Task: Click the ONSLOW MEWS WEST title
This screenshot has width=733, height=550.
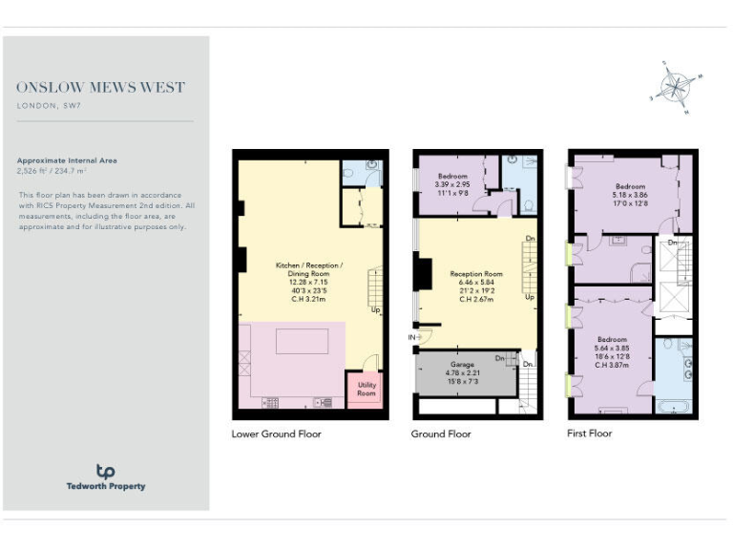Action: click(x=100, y=88)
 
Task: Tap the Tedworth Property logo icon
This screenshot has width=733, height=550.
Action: click(x=105, y=471)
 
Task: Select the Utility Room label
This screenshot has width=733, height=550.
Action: click(x=366, y=390)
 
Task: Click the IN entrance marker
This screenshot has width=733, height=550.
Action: click(x=413, y=336)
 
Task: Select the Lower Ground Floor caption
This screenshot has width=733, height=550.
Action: click(x=276, y=434)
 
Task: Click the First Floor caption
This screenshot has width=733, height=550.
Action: click(x=589, y=434)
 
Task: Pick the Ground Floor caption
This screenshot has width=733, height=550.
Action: click(x=441, y=434)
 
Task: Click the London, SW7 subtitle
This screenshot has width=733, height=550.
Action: click(x=48, y=105)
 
